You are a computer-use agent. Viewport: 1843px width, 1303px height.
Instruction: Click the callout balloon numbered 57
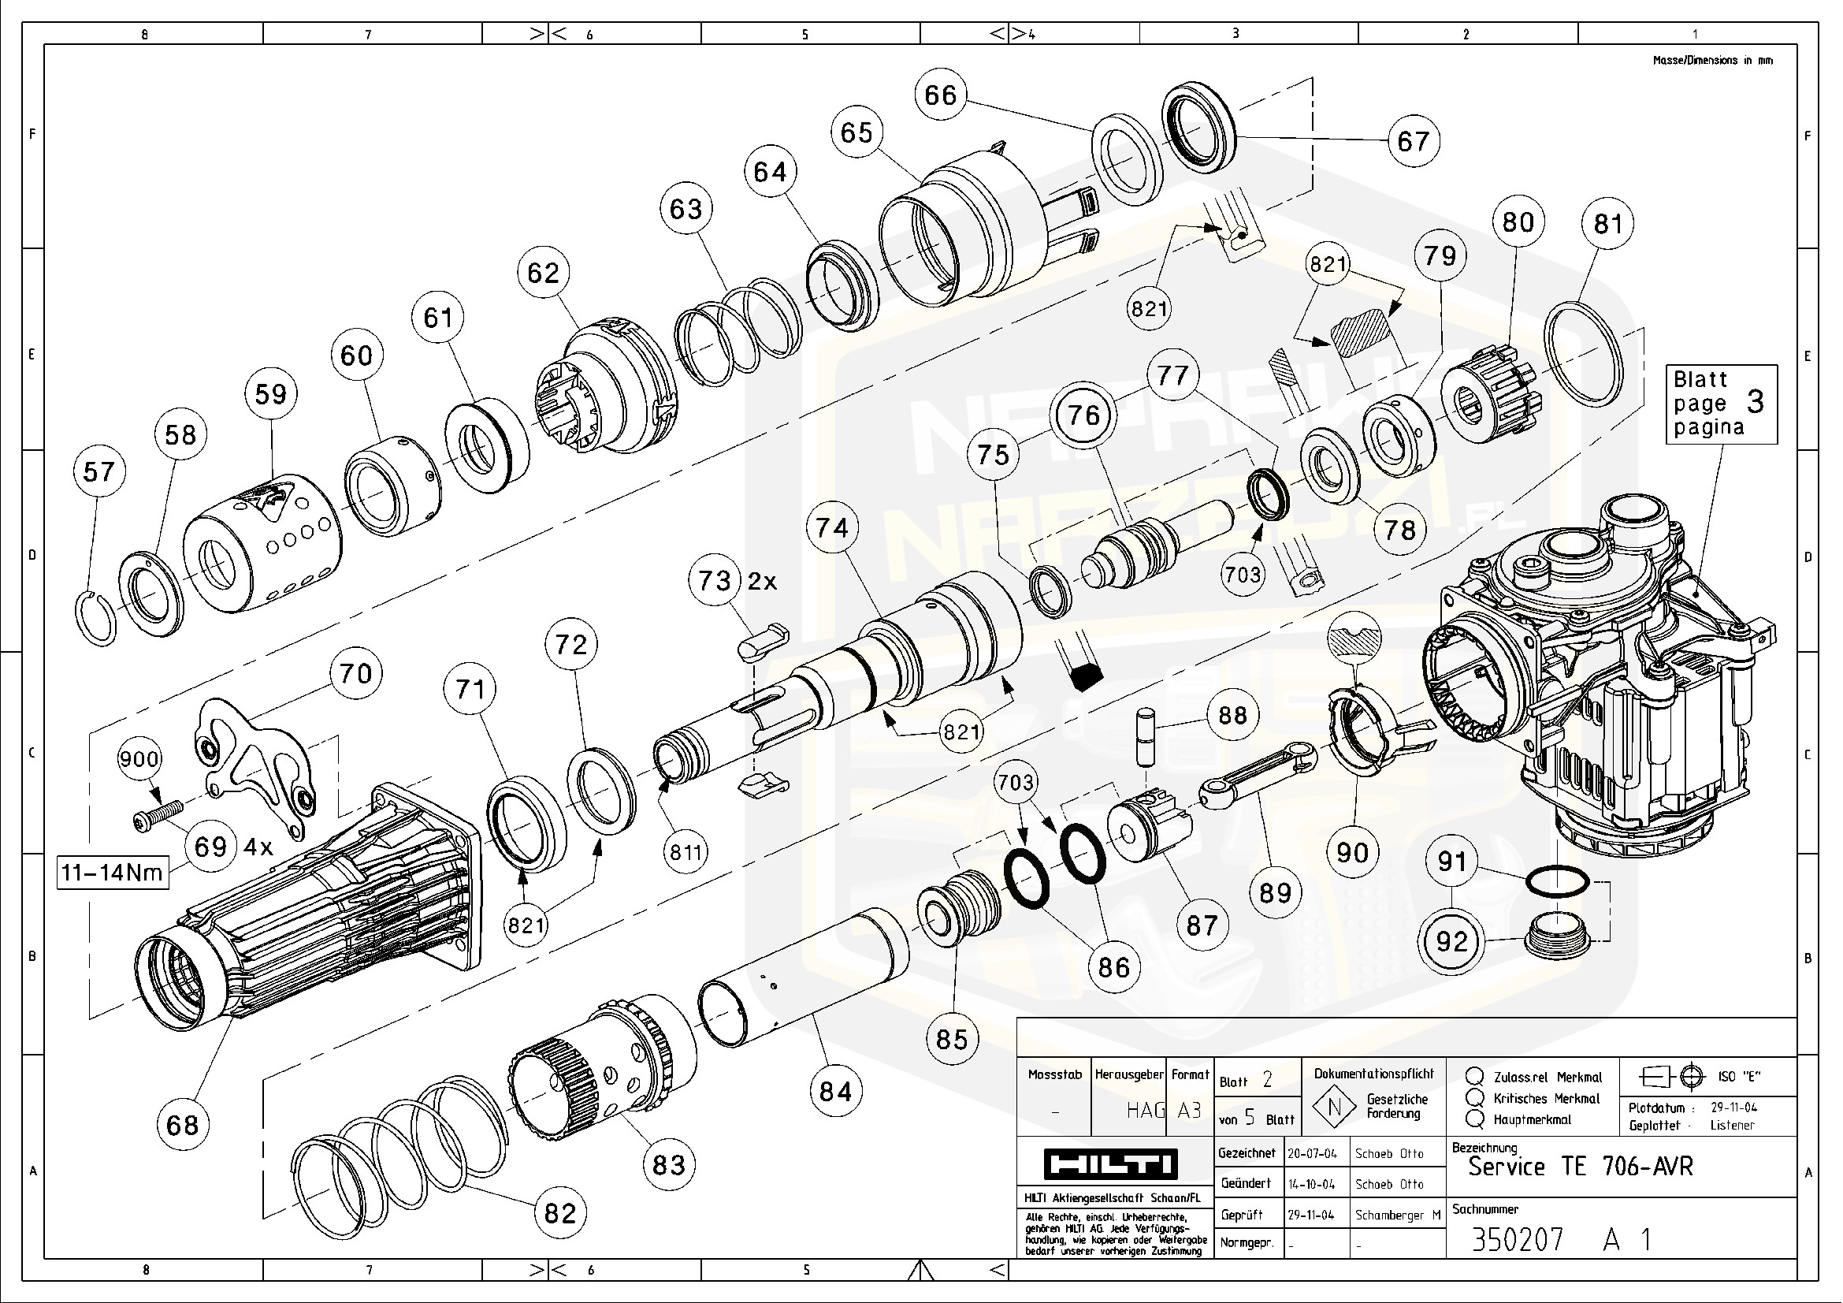click(x=99, y=471)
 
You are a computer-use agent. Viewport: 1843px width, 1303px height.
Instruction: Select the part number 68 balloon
click(x=182, y=1124)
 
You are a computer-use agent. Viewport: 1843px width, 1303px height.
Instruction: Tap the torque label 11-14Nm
click(x=113, y=872)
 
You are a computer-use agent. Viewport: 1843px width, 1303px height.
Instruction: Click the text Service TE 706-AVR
click(x=1580, y=1167)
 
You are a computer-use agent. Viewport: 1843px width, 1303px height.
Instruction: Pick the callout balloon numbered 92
click(x=1451, y=941)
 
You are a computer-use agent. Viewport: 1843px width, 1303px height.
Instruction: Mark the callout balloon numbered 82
click(x=559, y=1212)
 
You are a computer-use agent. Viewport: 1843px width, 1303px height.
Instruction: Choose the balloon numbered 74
click(x=831, y=527)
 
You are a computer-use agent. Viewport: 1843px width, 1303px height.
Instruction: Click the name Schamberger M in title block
click(x=1398, y=1215)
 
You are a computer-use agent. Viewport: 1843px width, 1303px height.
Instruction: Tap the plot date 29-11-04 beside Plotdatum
click(x=1733, y=1107)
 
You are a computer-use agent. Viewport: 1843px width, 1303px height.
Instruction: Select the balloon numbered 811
click(x=686, y=852)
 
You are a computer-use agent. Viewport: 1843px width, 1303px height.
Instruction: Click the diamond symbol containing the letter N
click(x=1334, y=1107)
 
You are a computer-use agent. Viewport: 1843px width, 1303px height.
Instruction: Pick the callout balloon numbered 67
click(x=1414, y=140)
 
